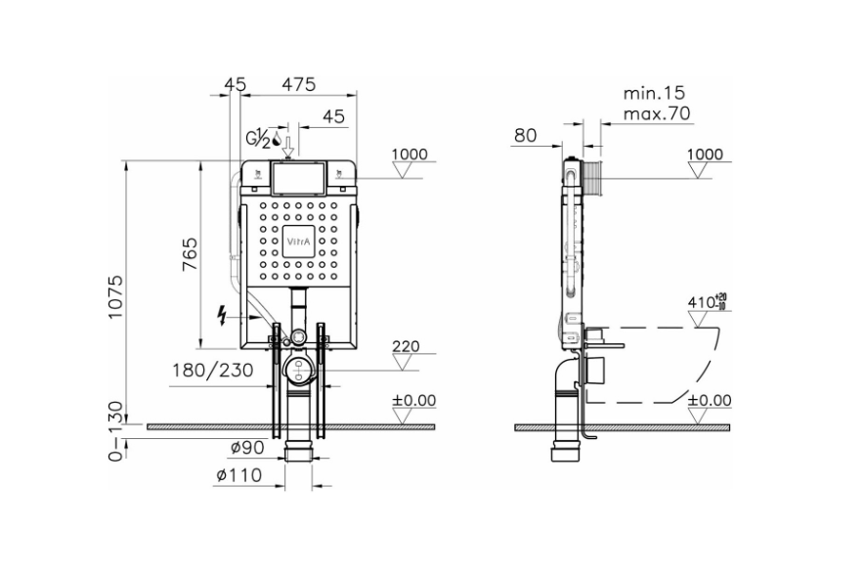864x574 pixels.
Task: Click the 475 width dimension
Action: (x=298, y=85)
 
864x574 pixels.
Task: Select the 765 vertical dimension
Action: (x=191, y=256)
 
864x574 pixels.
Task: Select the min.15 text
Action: (x=654, y=93)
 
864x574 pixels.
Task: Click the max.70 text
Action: (x=656, y=113)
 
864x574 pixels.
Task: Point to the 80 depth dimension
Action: (x=526, y=135)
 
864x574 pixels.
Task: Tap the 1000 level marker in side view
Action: (x=705, y=155)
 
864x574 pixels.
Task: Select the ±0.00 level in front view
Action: (x=414, y=400)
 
